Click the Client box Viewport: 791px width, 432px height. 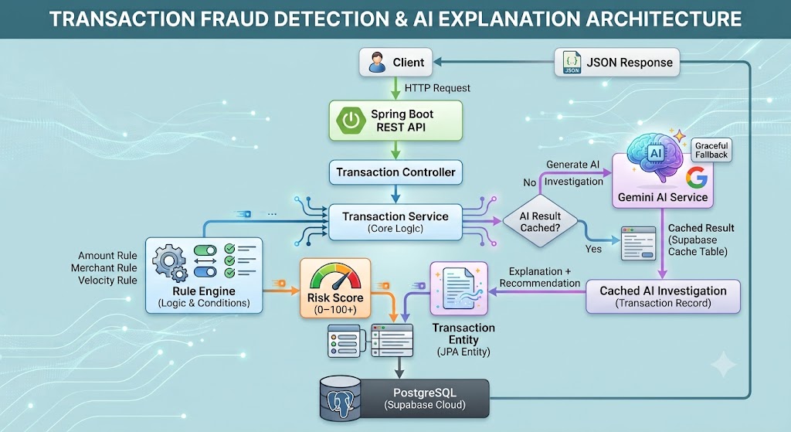(x=395, y=62)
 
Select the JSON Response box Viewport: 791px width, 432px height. (x=617, y=63)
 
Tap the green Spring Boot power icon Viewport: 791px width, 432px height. (x=351, y=120)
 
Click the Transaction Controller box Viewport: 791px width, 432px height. (x=395, y=172)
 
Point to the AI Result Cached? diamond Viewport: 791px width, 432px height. (x=540, y=222)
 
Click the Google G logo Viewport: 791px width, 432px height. (x=697, y=178)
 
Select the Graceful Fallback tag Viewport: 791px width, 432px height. (x=711, y=151)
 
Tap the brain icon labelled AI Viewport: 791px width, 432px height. (x=655, y=155)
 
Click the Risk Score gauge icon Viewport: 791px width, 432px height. (x=335, y=277)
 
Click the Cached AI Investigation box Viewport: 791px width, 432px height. (x=663, y=296)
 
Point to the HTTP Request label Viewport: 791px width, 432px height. (x=437, y=88)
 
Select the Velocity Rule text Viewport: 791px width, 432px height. (x=107, y=280)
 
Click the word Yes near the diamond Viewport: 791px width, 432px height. (x=593, y=249)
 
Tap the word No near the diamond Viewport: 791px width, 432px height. (x=530, y=182)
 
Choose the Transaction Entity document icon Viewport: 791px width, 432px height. (x=459, y=288)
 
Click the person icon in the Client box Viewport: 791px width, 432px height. (x=377, y=62)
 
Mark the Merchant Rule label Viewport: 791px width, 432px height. (x=104, y=268)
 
